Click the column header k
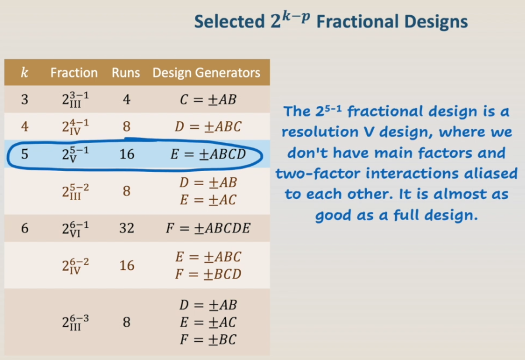[x=25, y=73]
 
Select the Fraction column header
[x=74, y=73]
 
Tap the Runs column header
[x=126, y=73]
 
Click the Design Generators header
[x=206, y=73]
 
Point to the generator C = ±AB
[x=208, y=100]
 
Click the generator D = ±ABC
[x=208, y=126]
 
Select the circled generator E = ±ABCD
[x=208, y=154]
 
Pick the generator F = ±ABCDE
[x=208, y=228]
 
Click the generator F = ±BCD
[x=208, y=275]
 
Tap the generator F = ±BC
[x=208, y=340]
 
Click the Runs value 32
[x=126, y=228]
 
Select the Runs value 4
[x=126, y=100]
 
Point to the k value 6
[x=25, y=228]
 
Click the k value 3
[x=25, y=100]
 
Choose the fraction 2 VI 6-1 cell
[x=76, y=228]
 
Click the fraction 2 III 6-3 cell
[x=76, y=322]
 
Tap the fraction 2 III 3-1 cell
[x=76, y=100]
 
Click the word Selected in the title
[x=230, y=22]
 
